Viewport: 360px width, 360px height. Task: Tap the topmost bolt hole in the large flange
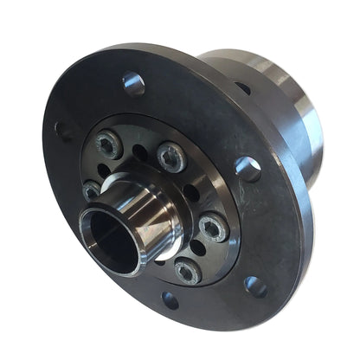click(x=133, y=84)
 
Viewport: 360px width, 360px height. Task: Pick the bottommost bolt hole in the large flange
click(x=170, y=299)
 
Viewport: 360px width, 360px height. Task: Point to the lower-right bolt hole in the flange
click(x=255, y=286)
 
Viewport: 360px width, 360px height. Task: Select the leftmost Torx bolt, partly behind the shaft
click(x=93, y=190)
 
